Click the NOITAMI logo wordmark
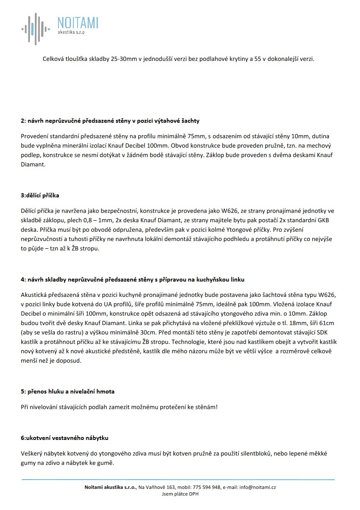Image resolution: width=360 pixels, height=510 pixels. (78, 23)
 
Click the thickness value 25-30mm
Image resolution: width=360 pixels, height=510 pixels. (124, 59)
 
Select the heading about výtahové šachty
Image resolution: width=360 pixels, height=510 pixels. (110, 121)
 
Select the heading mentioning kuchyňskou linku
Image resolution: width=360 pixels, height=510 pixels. (135, 279)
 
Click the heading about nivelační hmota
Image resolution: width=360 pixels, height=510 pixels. (68, 391)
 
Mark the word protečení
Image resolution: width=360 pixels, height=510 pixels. (171, 407)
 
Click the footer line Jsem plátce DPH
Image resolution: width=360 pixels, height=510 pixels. (180, 494)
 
